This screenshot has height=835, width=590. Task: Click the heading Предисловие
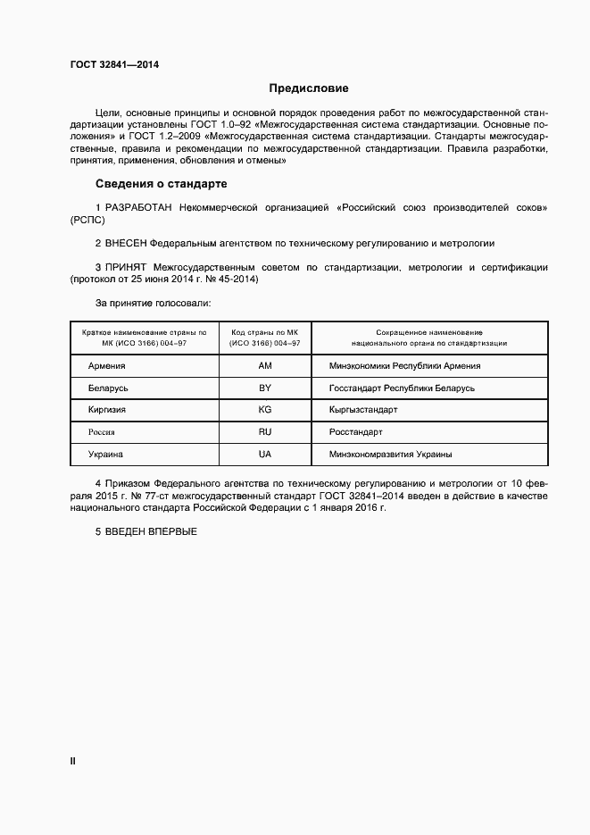pyautogui.click(x=308, y=89)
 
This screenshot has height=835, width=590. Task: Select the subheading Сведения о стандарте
pyautogui.click(x=162, y=184)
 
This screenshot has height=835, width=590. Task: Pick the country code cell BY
pyautogui.click(x=264, y=388)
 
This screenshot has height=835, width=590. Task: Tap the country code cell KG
pyautogui.click(x=264, y=410)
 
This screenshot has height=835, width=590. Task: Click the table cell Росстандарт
pyautogui.click(x=355, y=432)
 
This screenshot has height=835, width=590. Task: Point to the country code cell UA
pyautogui.click(x=264, y=455)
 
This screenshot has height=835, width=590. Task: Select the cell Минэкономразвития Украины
pyautogui.click(x=390, y=455)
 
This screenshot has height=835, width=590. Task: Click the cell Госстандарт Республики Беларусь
pyautogui.click(x=402, y=388)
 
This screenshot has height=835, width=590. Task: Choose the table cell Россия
pyautogui.click(x=102, y=432)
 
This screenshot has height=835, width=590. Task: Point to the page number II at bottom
pyautogui.click(x=73, y=762)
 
